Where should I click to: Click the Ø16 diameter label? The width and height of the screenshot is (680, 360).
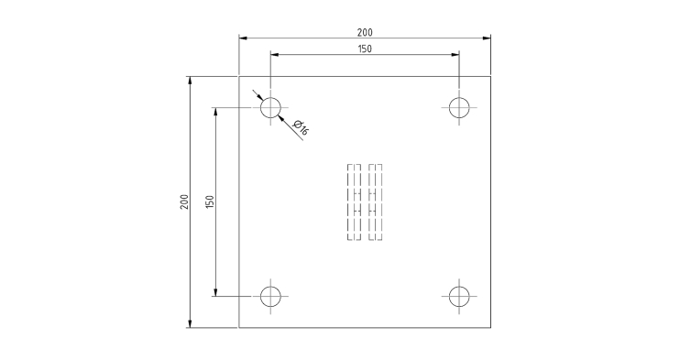pos(301,127)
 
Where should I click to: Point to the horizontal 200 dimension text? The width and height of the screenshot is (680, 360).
pos(365,33)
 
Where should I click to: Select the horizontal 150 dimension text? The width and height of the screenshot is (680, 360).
pos(365,49)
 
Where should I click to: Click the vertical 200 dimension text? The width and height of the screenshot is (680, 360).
pos(185,202)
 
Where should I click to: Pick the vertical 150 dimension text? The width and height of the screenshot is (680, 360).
pos(210,202)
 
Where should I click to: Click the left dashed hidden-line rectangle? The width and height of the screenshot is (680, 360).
pos(348,202)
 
